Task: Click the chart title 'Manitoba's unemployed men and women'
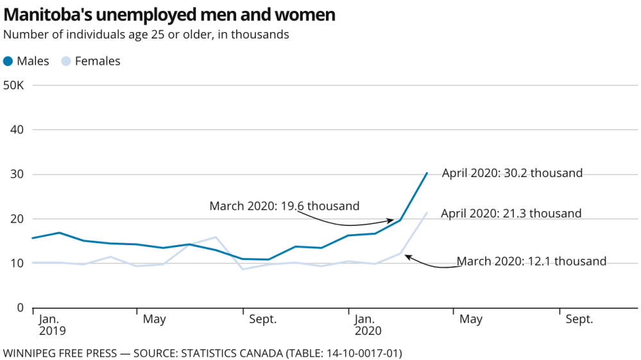(x=169, y=14)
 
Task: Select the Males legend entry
(x=26, y=61)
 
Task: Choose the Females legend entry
(x=90, y=61)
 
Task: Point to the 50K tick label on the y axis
(x=13, y=85)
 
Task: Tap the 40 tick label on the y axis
(x=17, y=130)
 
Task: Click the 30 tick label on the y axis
(x=17, y=175)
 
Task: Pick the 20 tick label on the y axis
(x=17, y=219)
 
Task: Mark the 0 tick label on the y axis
(x=21, y=308)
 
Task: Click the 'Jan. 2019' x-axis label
(x=50, y=325)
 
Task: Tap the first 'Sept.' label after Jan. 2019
(x=262, y=320)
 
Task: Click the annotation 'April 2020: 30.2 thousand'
(x=512, y=173)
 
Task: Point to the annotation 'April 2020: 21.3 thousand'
(x=511, y=214)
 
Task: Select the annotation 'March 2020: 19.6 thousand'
(x=284, y=206)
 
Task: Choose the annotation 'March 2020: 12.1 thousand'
(x=531, y=261)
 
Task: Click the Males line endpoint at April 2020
(x=427, y=173)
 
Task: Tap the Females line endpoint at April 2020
(x=427, y=212)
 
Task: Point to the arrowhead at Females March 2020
(x=406, y=256)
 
